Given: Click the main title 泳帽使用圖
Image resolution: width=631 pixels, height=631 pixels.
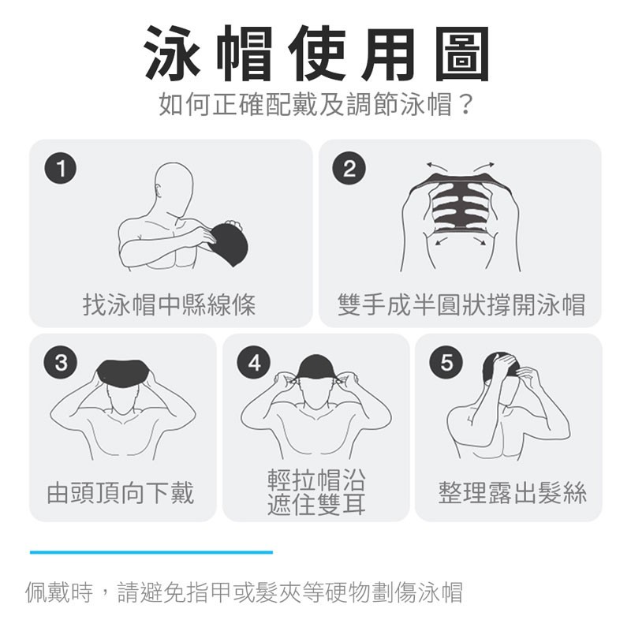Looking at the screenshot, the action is [317, 53].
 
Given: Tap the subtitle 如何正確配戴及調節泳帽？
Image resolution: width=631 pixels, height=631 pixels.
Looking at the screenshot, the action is [315, 104].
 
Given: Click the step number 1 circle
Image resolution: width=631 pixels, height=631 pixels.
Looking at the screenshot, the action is [61, 168].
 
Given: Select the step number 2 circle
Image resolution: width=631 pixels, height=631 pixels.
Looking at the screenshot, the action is [349, 168].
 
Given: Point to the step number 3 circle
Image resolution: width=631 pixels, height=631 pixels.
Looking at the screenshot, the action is [61, 362].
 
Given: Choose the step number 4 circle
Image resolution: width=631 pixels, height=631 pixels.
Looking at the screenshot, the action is [254, 362].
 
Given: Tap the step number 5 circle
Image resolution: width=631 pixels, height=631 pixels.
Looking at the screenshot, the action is [446, 362].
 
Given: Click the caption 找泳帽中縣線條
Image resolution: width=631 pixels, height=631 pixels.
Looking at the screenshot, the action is [169, 304].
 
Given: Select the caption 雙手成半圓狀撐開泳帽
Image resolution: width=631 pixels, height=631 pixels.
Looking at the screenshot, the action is [461, 304].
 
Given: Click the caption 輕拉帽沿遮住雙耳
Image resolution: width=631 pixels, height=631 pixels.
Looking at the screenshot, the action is [316, 491].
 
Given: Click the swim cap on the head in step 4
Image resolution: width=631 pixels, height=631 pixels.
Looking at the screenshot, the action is [316, 367].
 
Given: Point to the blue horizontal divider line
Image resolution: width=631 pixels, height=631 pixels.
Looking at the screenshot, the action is [151, 552].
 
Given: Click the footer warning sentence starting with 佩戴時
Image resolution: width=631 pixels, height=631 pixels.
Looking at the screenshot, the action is [244, 592].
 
